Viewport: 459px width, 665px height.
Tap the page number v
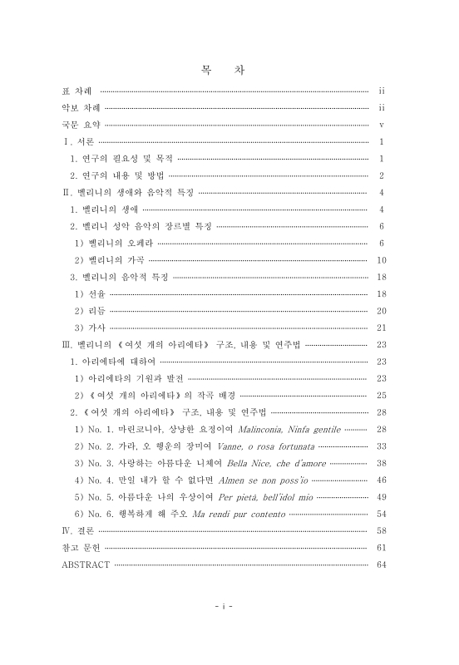[379, 126]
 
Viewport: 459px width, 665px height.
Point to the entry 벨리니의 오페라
[111, 244]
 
